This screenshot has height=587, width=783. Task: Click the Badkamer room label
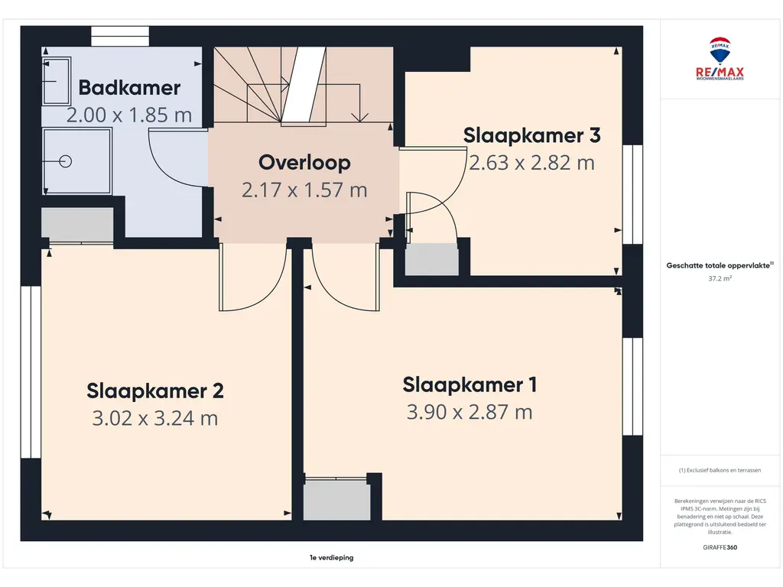pos(129,88)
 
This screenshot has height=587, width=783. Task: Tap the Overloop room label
pos(304,164)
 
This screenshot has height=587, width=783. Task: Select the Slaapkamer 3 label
pos(532,135)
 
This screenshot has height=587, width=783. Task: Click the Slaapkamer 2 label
pos(155,391)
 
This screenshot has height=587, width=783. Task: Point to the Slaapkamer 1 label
pos(470,385)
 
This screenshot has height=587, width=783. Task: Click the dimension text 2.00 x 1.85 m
pos(129,115)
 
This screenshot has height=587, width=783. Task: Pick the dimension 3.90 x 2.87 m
pos(469,412)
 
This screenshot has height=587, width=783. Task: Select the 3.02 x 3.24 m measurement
pos(155,418)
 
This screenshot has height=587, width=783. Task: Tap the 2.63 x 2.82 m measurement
pos(532,163)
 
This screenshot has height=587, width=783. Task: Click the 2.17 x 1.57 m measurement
pos(304,190)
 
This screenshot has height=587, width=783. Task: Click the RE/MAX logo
pos(720,58)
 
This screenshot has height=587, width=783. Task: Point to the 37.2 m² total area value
pos(720,278)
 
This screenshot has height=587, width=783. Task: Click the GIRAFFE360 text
pos(720,547)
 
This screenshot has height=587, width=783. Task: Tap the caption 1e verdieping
pos(332,557)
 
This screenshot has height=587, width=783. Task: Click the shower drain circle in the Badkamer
pos(66,161)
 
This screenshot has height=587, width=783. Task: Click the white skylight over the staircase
pos(304,84)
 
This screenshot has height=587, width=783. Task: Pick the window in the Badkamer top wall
pos(120,37)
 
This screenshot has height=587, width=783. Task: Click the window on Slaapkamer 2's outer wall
pos(31,372)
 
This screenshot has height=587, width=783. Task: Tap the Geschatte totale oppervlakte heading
pos(720,265)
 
